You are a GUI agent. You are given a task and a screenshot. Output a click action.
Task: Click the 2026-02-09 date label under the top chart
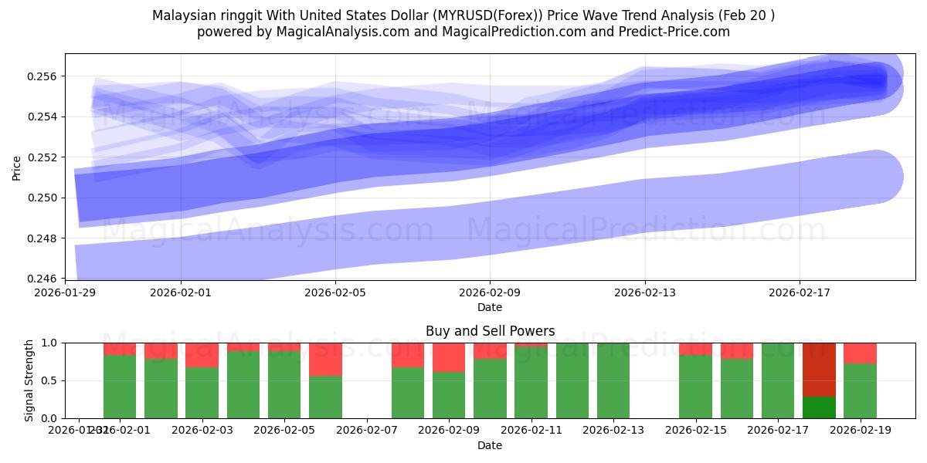490,292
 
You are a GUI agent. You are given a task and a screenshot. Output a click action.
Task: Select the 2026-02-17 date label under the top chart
799,292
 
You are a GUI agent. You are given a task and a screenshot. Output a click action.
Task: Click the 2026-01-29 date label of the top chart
65,292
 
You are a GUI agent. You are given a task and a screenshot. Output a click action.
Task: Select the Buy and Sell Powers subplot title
490,331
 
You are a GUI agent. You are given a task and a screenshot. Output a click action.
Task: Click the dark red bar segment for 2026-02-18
819,369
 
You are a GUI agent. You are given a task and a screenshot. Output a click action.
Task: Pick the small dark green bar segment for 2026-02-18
819,407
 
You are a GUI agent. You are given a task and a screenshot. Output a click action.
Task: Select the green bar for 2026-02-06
325,397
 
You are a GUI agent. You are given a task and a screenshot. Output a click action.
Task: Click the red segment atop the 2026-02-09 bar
449,357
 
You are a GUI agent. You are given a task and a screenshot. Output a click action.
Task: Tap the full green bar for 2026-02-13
613,380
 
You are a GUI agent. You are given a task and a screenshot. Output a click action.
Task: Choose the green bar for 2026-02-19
860,390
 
